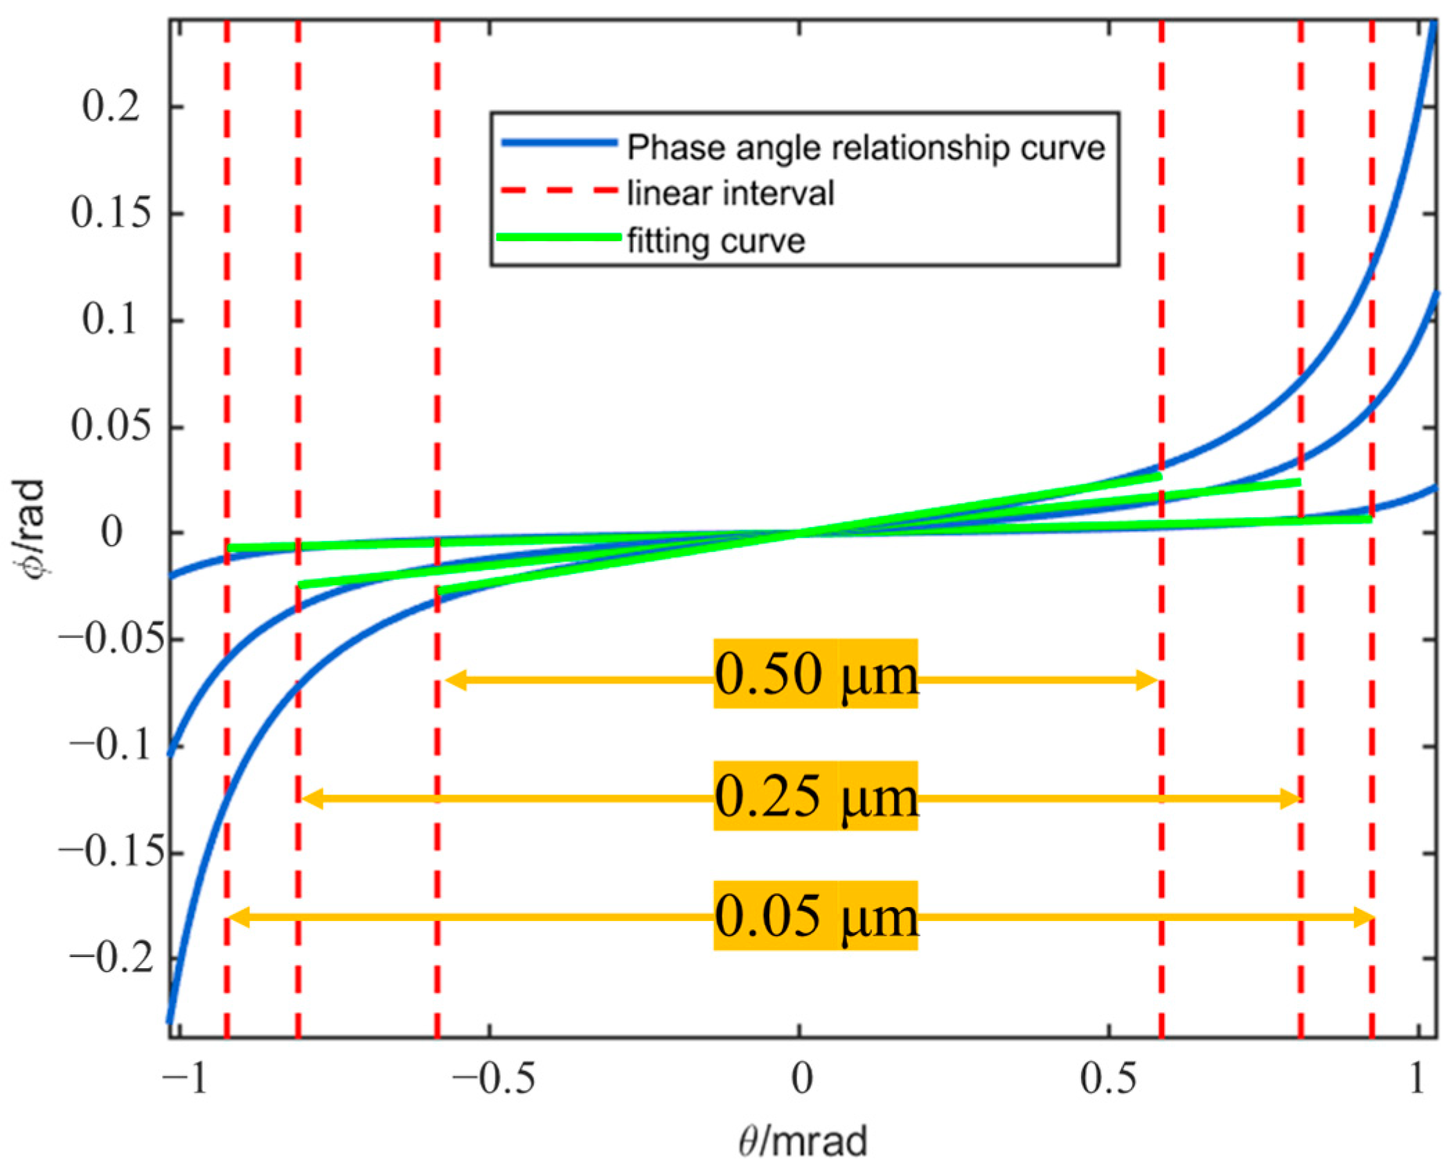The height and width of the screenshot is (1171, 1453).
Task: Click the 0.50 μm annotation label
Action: point(815,674)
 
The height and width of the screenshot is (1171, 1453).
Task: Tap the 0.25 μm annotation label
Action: point(815,796)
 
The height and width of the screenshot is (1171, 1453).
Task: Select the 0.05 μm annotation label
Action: point(815,915)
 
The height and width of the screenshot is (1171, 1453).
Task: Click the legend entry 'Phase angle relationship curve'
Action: point(866,148)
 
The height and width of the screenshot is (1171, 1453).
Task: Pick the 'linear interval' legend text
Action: point(731,193)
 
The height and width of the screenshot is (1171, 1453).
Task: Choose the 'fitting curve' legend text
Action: point(716,241)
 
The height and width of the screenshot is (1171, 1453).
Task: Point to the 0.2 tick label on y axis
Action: point(111,107)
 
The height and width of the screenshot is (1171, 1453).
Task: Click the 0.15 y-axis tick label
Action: point(111,213)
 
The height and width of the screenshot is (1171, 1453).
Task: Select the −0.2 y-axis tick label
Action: point(111,959)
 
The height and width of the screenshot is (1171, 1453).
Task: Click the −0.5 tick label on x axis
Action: point(493,1078)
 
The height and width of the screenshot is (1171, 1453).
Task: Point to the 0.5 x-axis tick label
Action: point(1108,1078)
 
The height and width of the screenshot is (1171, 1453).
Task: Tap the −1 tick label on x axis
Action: point(184,1078)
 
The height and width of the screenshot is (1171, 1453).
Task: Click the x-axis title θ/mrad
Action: point(803,1141)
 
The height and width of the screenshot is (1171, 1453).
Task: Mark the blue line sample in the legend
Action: point(559,143)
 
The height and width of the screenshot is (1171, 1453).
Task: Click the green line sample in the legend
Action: point(559,237)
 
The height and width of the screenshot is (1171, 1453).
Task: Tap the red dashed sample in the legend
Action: point(559,190)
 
